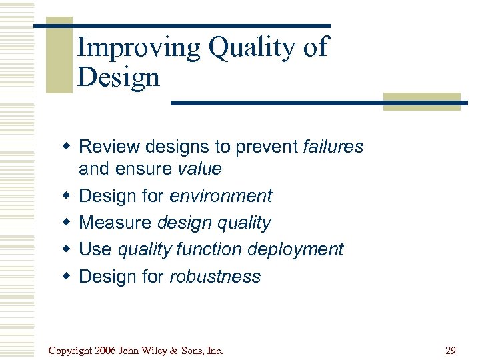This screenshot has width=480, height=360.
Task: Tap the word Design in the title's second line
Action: [119, 78]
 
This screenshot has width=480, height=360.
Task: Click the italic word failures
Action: [333, 147]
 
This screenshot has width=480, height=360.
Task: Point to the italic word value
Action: [199, 169]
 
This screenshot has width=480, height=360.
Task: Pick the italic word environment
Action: [221, 196]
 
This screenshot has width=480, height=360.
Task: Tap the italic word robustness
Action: [215, 277]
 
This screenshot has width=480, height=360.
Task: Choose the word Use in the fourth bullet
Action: [95, 250]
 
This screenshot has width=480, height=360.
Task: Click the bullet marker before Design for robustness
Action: [67, 277]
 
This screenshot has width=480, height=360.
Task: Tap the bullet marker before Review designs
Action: [67, 147]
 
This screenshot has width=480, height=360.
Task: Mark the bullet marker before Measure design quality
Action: [67, 223]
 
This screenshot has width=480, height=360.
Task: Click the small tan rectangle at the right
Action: [421, 101]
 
